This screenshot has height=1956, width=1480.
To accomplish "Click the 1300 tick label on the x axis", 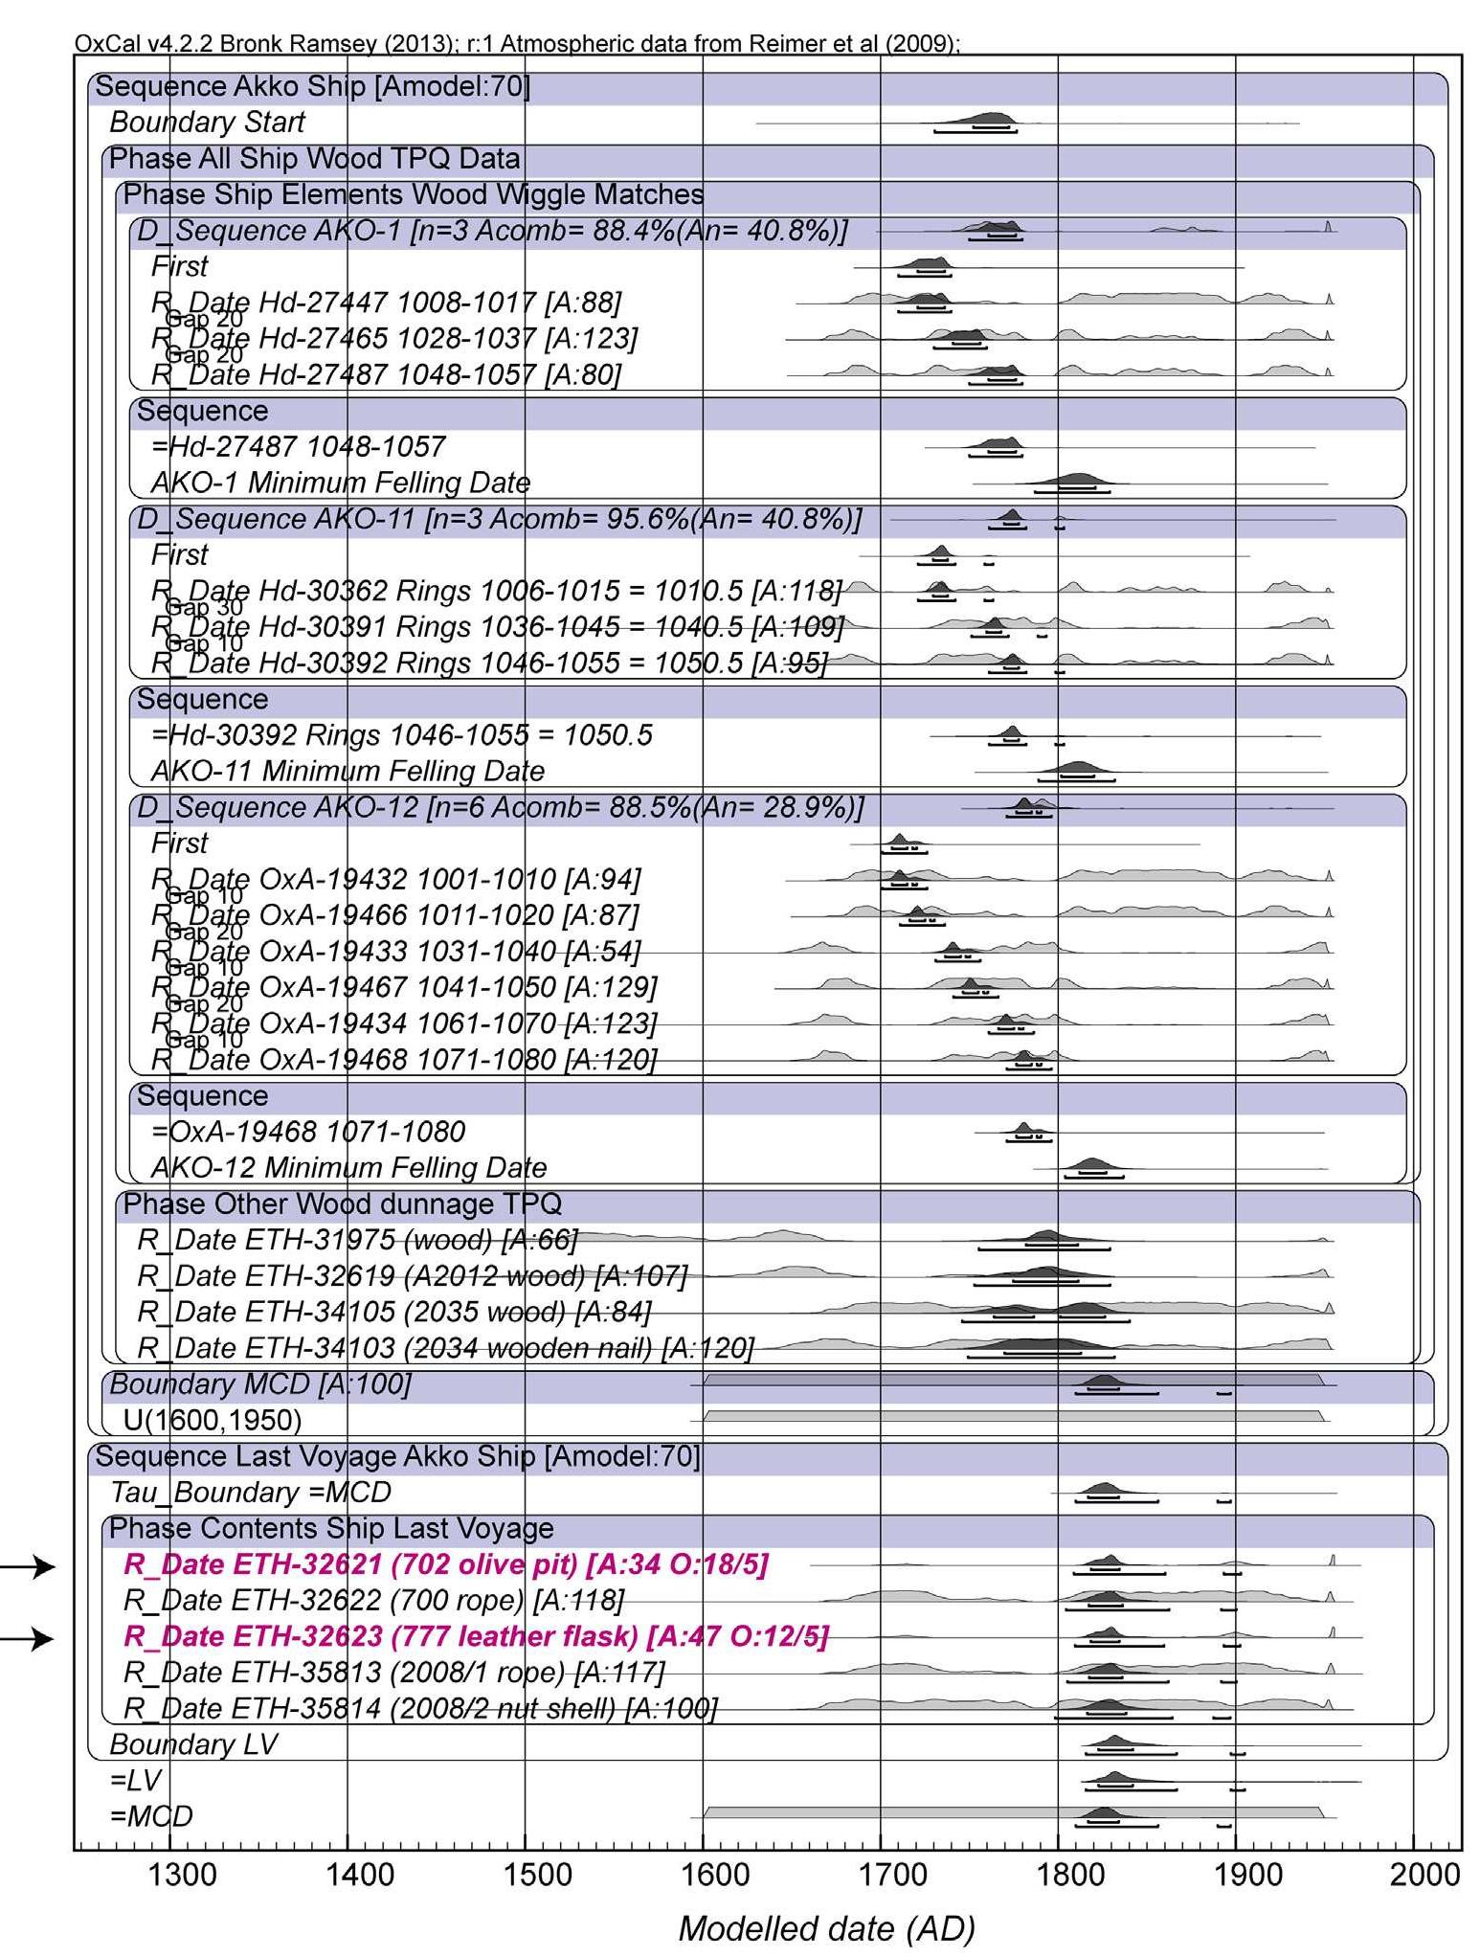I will click(182, 1873).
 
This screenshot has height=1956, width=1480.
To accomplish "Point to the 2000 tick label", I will click(1424, 1873).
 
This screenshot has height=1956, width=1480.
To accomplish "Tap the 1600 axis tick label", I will click(715, 1873).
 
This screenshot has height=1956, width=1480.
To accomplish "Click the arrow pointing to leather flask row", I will click(27, 1639).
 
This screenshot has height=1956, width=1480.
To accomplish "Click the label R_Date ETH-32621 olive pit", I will click(445, 1564).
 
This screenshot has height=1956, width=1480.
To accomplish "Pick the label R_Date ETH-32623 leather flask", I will click(476, 1636).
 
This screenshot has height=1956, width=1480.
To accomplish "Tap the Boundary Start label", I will click(207, 123).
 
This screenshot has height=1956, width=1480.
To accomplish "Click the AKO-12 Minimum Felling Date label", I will click(348, 1168).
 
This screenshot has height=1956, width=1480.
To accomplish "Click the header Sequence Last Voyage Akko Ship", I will click(397, 1456).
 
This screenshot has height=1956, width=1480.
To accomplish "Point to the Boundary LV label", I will click(193, 1744).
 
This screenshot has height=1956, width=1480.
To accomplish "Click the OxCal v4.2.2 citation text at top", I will click(517, 44).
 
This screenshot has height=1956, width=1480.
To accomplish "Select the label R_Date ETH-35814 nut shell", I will click(420, 1708).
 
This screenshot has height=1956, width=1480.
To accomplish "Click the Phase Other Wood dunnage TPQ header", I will click(342, 1203).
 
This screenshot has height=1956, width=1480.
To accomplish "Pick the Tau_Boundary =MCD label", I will click(250, 1493).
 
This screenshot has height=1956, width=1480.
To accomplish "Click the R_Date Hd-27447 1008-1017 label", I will click(386, 303).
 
